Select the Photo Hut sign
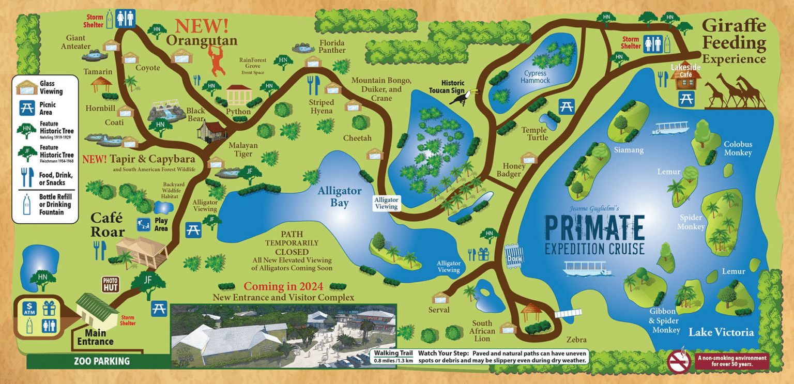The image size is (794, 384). click(x=111, y=283)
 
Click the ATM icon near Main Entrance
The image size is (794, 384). click(x=29, y=309)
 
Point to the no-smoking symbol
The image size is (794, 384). click(x=679, y=361)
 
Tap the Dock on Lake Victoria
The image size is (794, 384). click(x=513, y=253)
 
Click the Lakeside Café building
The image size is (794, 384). click(x=685, y=78)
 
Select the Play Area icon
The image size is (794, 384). click(x=143, y=225)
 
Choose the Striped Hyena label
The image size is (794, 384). click(x=322, y=106)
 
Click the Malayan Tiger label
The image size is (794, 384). click(x=240, y=150)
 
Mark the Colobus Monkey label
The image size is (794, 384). click(x=738, y=148)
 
